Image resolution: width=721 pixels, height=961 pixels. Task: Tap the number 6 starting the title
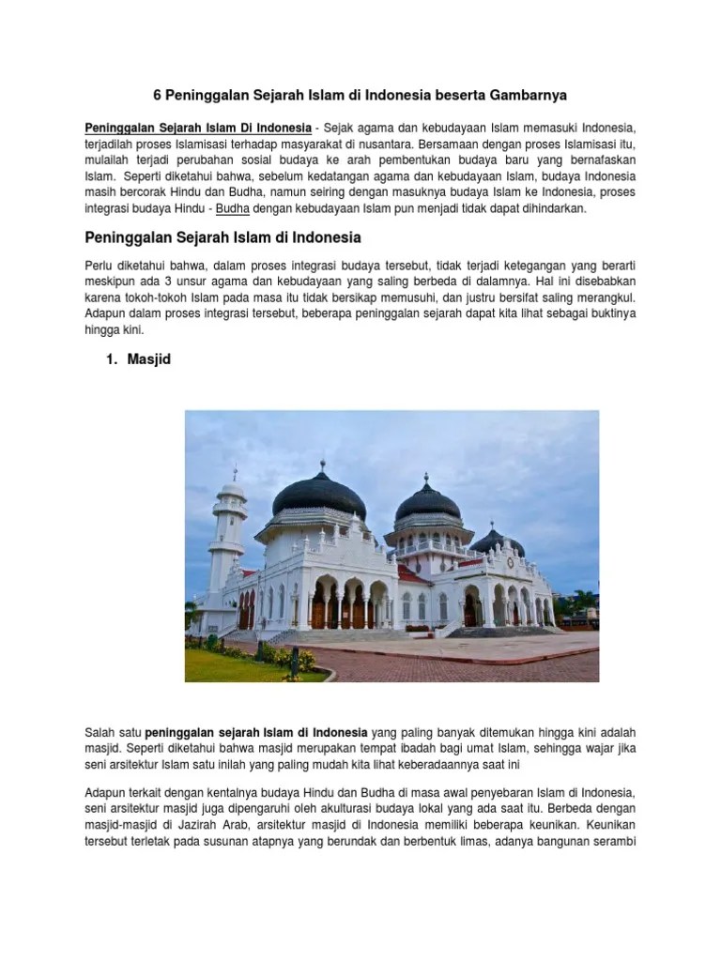click(x=157, y=96)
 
